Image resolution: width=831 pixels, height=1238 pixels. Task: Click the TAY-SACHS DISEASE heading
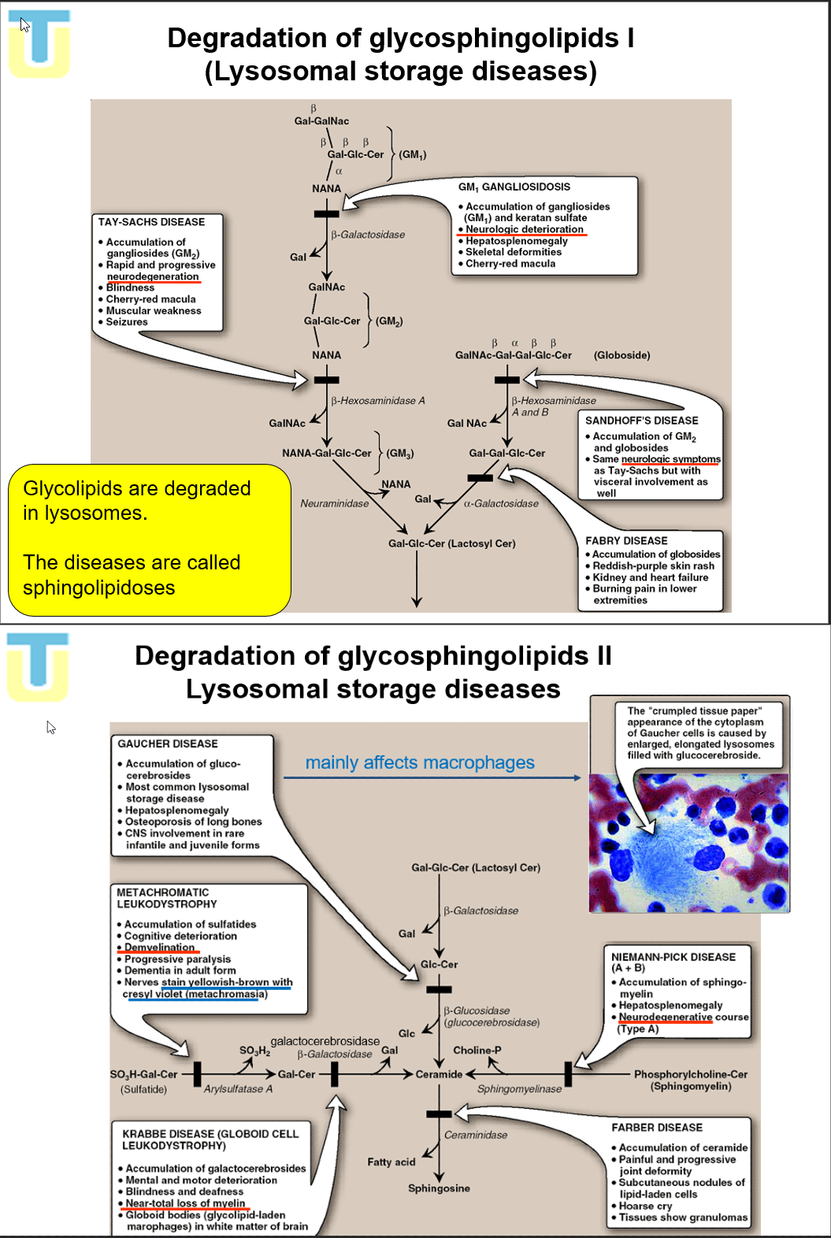click(151, 222)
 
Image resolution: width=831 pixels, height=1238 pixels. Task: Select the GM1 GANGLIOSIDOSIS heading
click(514, 187)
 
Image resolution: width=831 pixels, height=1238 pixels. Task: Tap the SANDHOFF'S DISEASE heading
click(641, 421)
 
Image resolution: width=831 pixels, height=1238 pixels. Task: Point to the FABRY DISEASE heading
click(626, 541)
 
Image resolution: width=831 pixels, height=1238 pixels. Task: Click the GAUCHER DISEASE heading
click(168, 743)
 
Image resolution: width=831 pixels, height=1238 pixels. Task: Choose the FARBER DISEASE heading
click(657, 1128)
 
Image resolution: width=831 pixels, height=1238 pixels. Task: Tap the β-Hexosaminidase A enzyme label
click(377, 401)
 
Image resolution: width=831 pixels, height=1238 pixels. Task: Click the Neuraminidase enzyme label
click(334, 503)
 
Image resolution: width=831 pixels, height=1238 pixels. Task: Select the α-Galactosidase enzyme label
click(501, 503)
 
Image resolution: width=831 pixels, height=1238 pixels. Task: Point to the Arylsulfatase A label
click(238, 1089)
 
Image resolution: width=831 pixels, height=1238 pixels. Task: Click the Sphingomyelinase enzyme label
click(519, 1089)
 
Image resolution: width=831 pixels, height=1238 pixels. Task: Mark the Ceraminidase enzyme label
click(476, 1135)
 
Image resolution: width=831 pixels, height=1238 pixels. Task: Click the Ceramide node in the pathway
click(439, 1074)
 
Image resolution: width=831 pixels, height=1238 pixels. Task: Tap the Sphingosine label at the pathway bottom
click(439, 1188)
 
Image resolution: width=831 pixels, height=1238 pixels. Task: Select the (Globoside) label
click(621, 355)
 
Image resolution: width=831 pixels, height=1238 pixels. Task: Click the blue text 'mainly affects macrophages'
click(420, 762)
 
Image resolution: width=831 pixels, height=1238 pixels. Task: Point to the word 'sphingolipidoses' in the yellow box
click(99, 587)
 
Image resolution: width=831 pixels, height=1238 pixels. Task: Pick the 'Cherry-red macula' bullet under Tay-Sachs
click(150, 299)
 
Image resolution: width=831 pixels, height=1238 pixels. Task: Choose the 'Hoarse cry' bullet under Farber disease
click(645, 1206)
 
